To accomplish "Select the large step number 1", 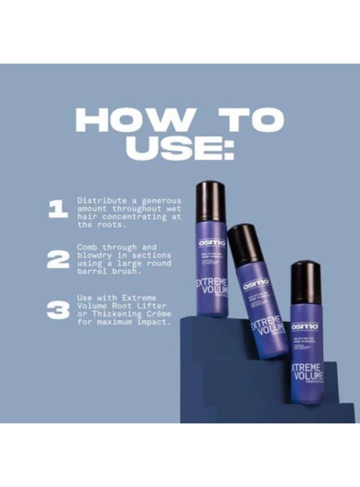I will [x=58, y=210].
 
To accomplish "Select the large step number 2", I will [x=58, y=259].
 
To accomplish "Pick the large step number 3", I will [x=58, y=310].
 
